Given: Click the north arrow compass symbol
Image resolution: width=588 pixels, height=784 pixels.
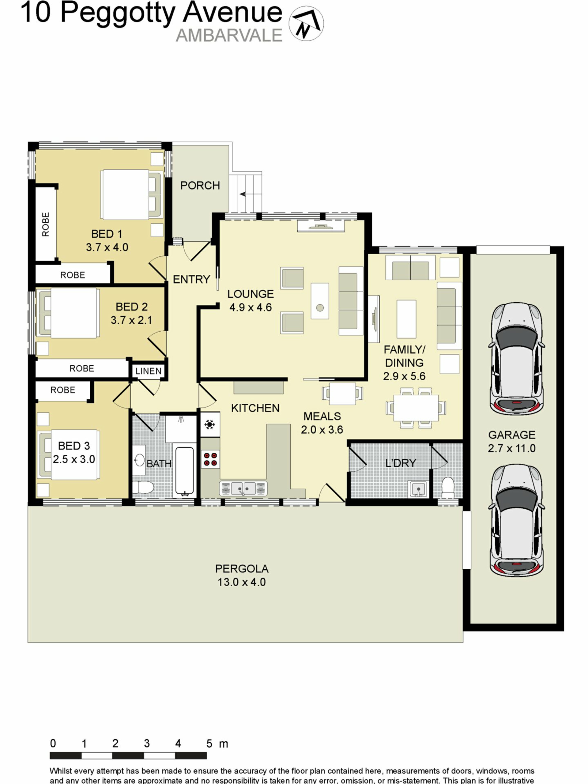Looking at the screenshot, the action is pos(306,23).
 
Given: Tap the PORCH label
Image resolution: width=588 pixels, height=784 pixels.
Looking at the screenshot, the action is pos(200,185).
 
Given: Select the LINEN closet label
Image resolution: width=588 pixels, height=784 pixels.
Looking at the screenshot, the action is pos(149,371).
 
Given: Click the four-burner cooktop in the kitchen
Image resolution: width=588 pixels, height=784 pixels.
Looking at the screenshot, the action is pos(210,459).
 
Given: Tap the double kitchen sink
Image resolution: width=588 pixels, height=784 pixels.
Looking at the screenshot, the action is pos(243,489).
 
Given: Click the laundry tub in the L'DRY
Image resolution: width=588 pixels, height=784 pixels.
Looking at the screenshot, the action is pos(418,489).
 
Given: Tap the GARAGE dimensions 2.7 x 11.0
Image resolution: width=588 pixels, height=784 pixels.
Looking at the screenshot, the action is pos(511,448).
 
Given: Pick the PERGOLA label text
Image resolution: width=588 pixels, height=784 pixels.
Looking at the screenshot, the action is pos(242,569).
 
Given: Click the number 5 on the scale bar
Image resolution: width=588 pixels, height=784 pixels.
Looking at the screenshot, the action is pos(209,743).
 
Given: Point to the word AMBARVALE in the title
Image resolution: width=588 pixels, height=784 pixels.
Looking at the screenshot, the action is pos(229,36).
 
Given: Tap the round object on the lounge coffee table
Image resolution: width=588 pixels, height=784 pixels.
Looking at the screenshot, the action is pos(320,308).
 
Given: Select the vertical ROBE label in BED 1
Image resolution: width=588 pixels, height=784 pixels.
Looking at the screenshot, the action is pos(46,224).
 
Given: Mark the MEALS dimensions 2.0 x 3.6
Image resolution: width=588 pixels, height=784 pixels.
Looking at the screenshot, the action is pos(322,430).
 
